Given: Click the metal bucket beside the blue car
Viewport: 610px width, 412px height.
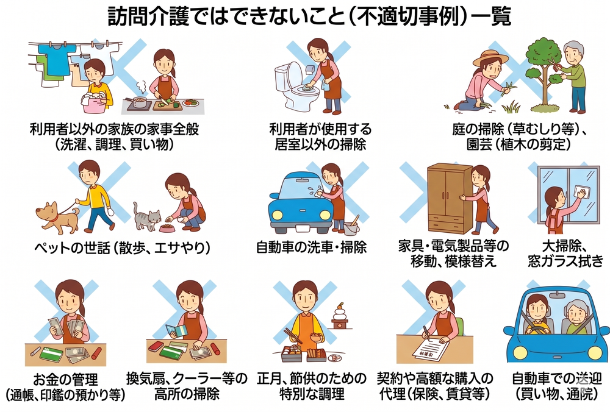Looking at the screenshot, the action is tap(351, 227).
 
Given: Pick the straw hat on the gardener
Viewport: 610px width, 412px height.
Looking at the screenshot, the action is tap(490, 57).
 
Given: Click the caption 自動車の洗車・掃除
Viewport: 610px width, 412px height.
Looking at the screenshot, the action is tap(311, 247).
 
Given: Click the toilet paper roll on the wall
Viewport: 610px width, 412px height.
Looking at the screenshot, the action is tap(310, 70).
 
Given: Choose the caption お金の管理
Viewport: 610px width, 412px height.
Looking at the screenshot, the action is tap(65, 379).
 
